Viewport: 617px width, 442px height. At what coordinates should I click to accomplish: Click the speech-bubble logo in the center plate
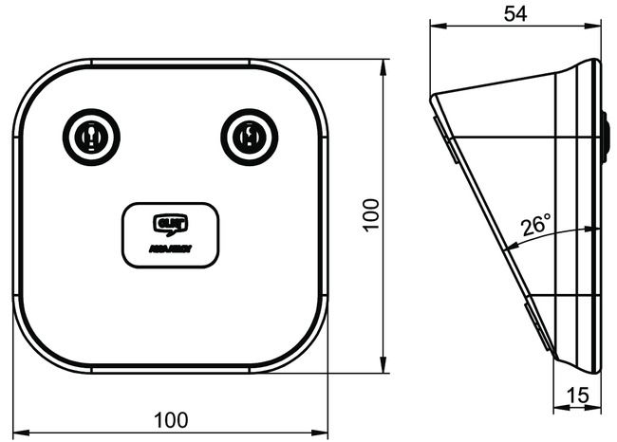tap(171, 224)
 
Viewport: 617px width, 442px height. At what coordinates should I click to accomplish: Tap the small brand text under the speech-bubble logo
tap(171, 249)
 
